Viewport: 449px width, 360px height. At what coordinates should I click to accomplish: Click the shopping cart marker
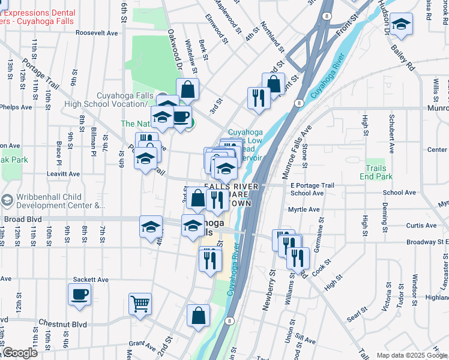[x=140, y=303]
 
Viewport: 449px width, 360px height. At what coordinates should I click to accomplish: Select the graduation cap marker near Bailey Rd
[x=400, y=24]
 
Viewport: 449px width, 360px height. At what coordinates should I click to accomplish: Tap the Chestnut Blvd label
[x=62, y=324]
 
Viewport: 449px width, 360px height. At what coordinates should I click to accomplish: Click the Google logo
[x=19, y=353]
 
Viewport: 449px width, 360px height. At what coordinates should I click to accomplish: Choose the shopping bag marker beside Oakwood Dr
[x=187, y=89]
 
